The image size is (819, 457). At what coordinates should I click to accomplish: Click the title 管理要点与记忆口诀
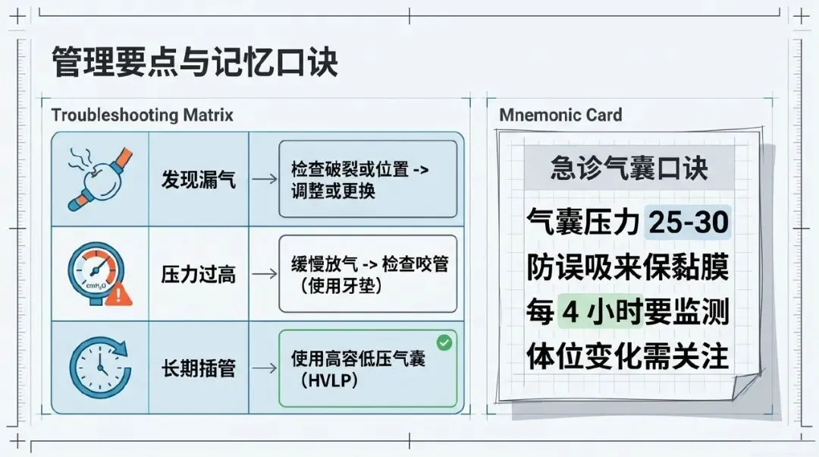194,61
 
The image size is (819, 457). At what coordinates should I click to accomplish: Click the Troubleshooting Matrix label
142,115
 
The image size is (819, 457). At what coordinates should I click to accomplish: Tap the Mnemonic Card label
560,115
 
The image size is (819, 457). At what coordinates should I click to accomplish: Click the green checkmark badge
444,343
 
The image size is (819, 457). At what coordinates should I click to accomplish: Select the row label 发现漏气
199,180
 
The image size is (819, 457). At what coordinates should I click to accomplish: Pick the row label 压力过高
199,274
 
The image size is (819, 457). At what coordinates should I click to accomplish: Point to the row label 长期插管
199,369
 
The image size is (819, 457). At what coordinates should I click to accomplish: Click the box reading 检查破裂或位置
368,180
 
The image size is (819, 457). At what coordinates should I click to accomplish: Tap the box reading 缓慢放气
368,274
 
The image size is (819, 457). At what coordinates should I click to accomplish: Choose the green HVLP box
368,369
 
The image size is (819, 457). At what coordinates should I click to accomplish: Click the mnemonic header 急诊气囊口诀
629,169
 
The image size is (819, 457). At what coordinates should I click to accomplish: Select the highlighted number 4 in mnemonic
570,312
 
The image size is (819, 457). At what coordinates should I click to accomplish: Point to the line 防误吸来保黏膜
628,267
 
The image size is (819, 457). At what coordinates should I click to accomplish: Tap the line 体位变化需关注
628,356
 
